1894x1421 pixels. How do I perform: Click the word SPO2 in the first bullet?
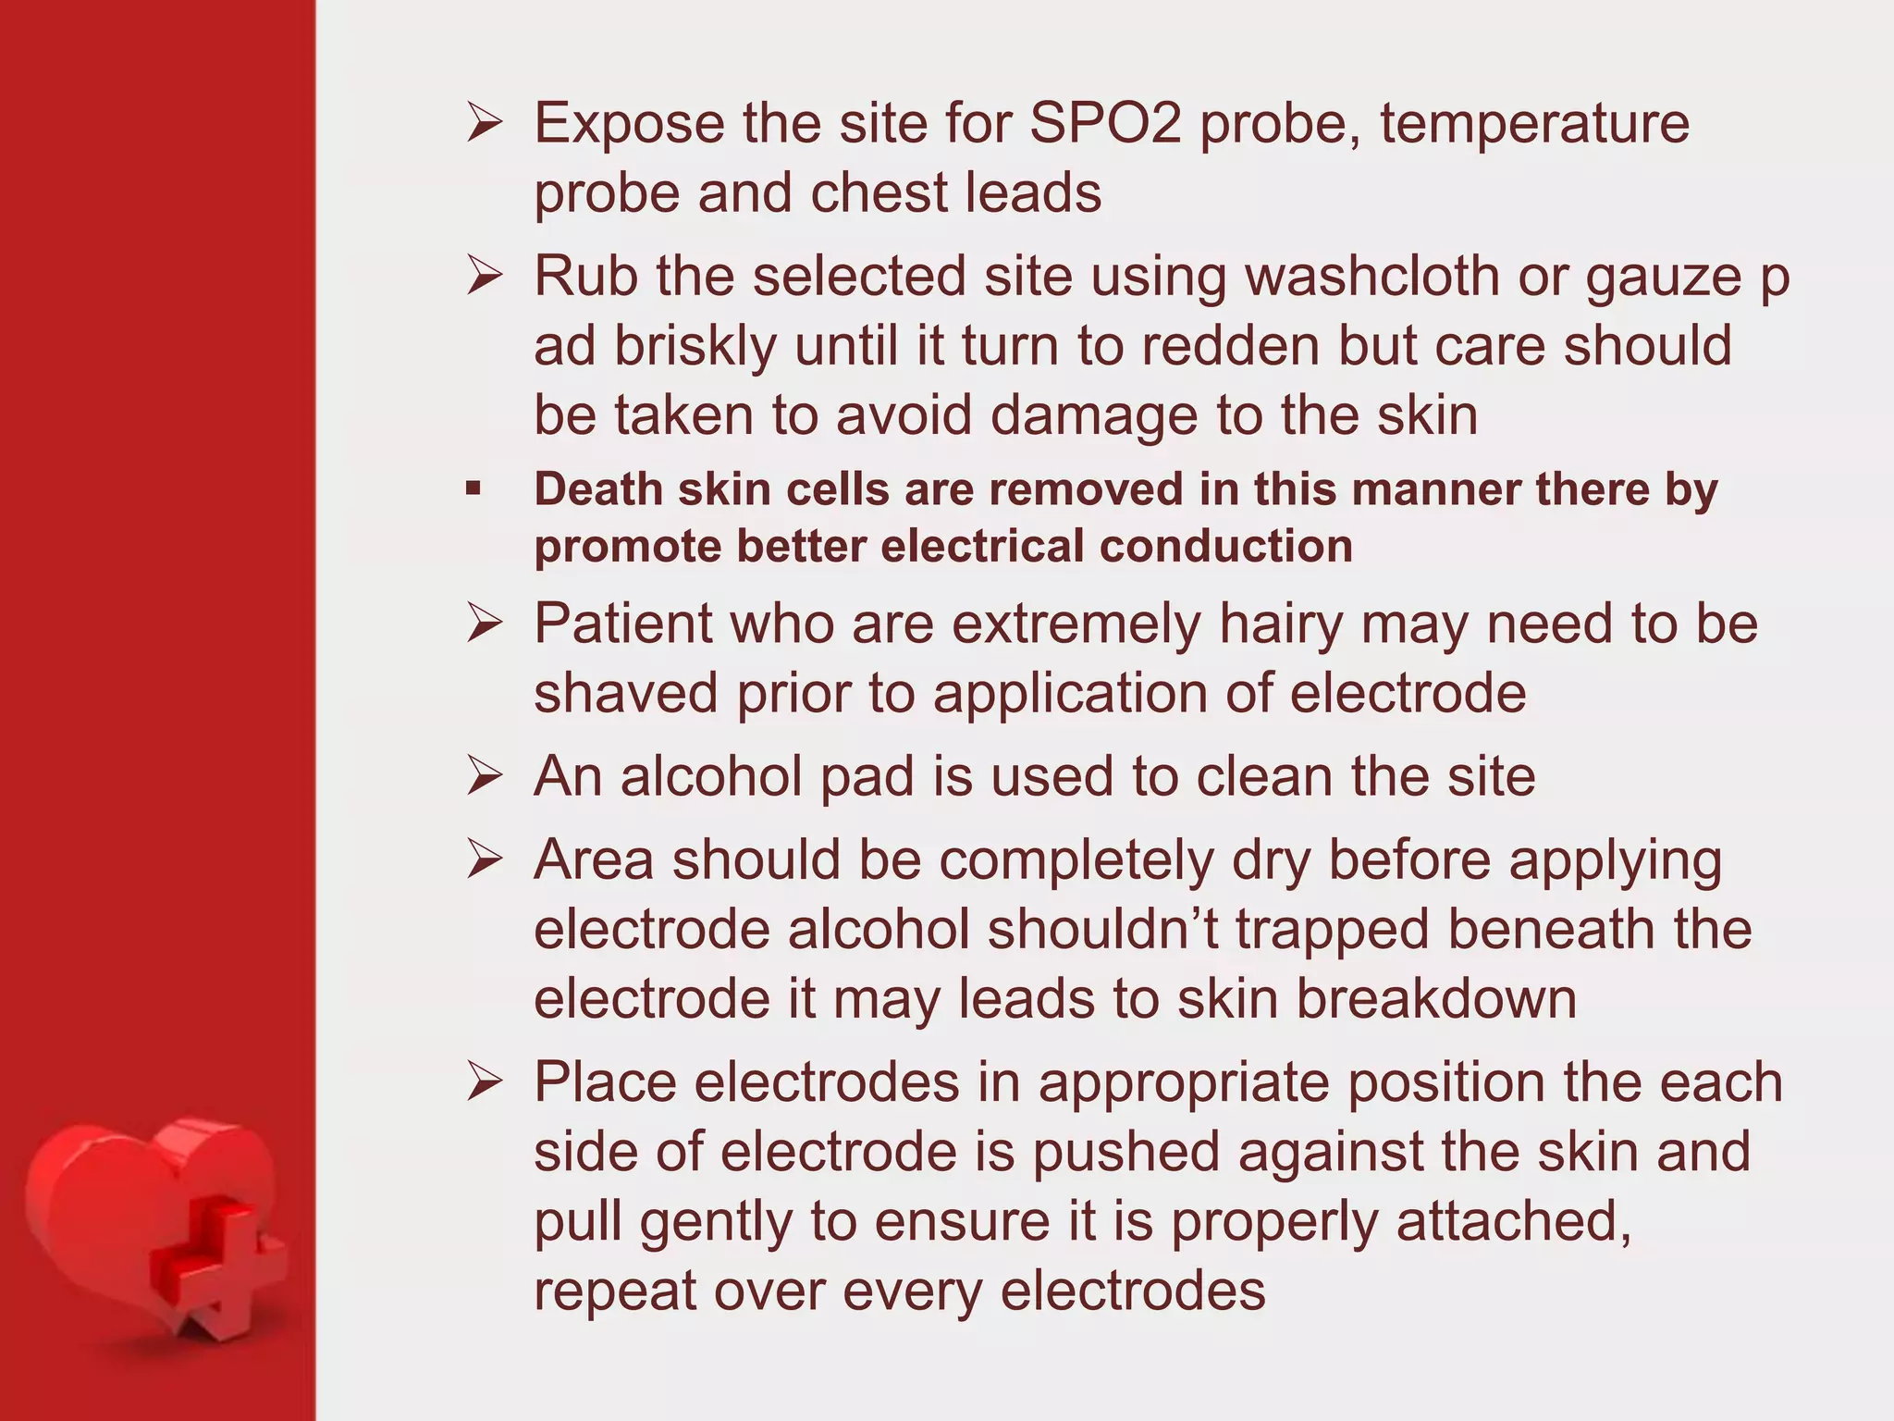pos(1104,123)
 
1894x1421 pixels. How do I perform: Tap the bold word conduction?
pos(1225,546)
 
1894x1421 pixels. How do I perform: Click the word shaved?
pos(626,693)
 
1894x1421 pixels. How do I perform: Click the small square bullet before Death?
pos(473,488)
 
